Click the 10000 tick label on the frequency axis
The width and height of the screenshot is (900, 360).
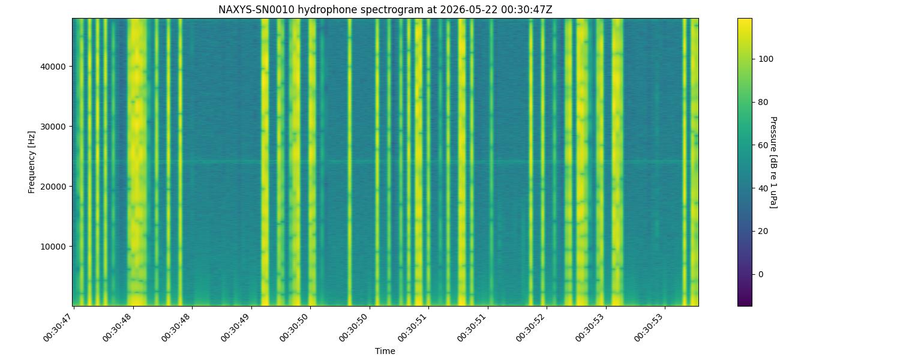coord(53,247)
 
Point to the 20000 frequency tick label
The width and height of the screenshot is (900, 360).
coord(53,187)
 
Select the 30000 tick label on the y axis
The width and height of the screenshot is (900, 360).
coord(53,127)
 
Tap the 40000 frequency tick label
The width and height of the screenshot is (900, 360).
coord(53,67)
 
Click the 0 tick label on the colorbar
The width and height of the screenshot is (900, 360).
coord(761,274)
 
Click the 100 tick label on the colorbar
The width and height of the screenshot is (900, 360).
coord(766,59)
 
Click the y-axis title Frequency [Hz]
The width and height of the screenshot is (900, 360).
coord(31,163)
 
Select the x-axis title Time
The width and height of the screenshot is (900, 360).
coord(385,351)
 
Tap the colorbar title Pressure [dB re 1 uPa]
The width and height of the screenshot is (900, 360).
coord(773,163)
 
